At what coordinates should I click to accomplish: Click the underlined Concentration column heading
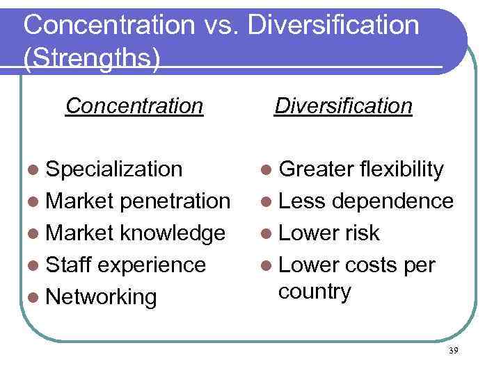coord(134,106)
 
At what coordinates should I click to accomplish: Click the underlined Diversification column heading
coord(344,106)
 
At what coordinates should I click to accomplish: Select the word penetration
coord(175,201)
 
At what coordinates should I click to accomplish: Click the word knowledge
coord(173,233)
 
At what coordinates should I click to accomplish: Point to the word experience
coord(153,265)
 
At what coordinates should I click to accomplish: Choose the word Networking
coord(102,297)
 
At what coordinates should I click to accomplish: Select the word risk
coord(359,233)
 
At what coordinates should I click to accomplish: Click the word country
coord(315,292)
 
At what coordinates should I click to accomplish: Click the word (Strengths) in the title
coord(91,57)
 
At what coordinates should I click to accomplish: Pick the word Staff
coord(69,265)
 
